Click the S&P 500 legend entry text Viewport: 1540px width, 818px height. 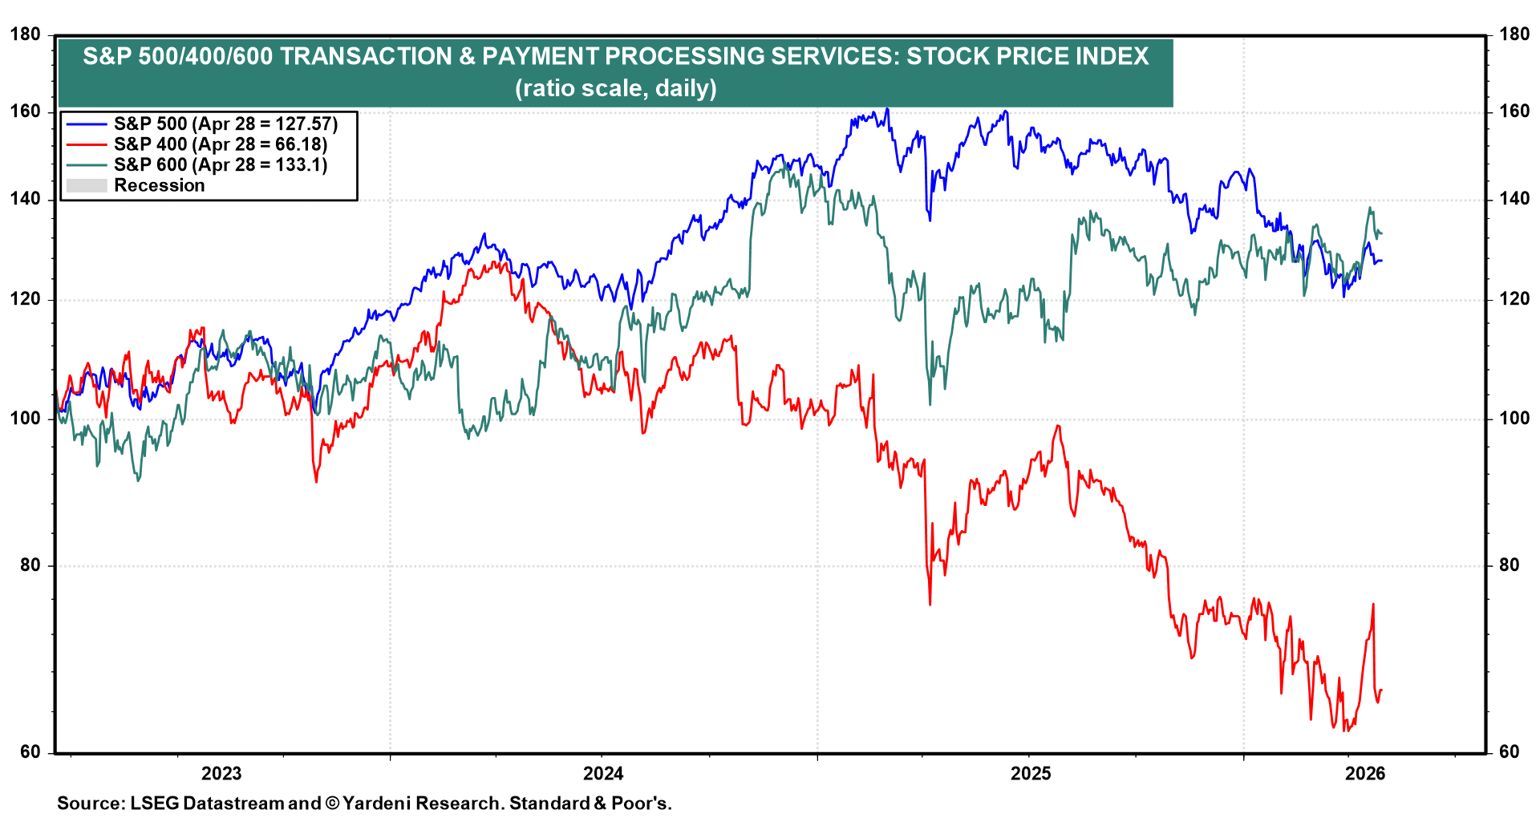click(225, 124)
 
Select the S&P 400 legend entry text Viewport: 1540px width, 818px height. click(220, 144)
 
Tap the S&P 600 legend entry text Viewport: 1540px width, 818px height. click(220, 164)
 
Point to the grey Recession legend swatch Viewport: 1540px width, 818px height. click(86, 185)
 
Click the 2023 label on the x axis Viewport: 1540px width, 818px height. click(221, 773)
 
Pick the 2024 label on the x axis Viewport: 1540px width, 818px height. click(602, 773)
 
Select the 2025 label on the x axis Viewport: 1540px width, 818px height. click(1030, 773)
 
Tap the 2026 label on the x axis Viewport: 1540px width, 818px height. click(1364, 773)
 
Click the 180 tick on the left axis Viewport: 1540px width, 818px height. click(24, 34)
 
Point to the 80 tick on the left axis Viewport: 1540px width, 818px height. click(29, 565)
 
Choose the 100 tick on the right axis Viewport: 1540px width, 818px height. click(1514, 418)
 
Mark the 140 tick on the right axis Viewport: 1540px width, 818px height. click(1514, 199)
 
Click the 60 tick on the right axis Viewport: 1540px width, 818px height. click(1510, 751)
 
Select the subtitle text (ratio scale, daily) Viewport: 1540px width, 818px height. click(615, 87)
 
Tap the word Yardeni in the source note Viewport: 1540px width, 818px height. click(376, 803)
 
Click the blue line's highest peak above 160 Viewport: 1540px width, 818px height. click(886, 109)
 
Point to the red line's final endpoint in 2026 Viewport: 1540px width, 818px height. click(1381, 690)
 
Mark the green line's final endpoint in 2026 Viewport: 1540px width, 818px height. click(1381, 234)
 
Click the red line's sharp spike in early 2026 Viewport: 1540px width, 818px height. click(1373, 605)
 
